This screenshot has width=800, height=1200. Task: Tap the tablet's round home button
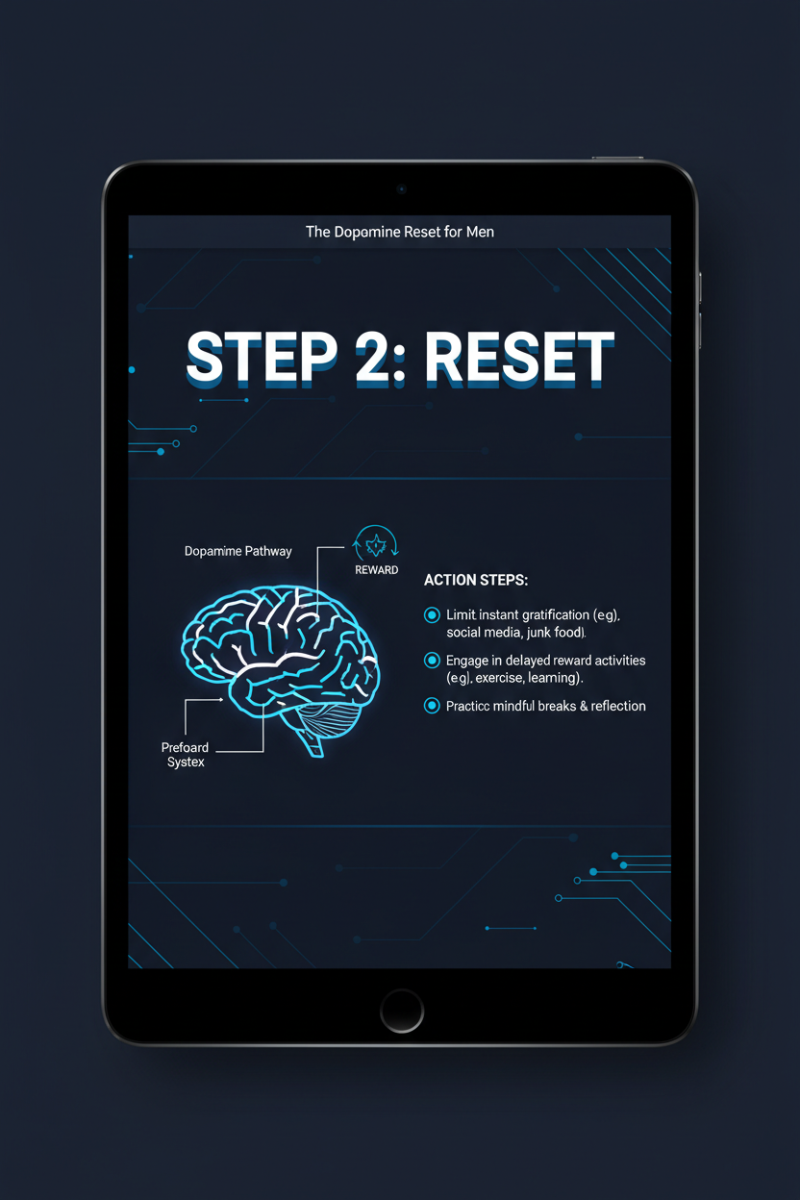[401, 1011]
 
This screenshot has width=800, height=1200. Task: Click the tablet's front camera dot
[401, 189]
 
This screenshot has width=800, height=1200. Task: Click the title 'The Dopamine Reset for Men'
[400, 232]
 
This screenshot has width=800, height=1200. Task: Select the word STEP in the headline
[259, 358]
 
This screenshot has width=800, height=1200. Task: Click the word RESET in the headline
[518, 358]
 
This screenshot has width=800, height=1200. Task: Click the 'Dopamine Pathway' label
[237, 551]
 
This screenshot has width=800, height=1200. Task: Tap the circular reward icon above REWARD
[376, 543]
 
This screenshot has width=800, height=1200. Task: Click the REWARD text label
[376, 570]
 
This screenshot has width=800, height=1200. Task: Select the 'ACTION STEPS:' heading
[476, 581]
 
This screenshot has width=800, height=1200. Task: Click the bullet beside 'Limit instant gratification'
[432, 614]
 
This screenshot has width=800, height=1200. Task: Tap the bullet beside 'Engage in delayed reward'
[432, 661]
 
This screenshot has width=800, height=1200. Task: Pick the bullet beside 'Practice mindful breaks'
[432, 706]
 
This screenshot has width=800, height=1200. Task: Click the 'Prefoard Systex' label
[186, 755]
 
